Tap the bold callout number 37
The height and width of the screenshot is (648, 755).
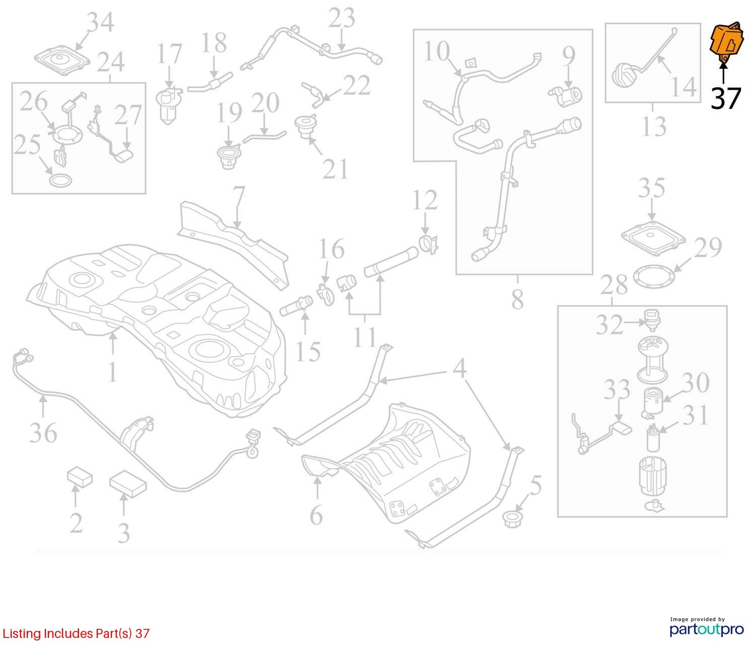point(726,98)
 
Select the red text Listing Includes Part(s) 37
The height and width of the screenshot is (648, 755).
point(76,633)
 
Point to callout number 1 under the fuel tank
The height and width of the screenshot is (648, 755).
point(112,372)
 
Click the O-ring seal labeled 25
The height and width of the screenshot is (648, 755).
point(60,180)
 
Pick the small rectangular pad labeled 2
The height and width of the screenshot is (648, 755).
point(80,477)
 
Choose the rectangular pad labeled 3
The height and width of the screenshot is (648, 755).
point(128,483)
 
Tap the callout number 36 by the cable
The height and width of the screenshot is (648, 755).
point(43,433)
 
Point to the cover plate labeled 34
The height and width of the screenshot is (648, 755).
point(62,61)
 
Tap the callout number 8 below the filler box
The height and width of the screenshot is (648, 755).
point(517,300)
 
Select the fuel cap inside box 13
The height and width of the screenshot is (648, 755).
point(625,75)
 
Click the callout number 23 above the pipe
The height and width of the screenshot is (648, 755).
point(342,18)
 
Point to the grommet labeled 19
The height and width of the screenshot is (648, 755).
point(229,157)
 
